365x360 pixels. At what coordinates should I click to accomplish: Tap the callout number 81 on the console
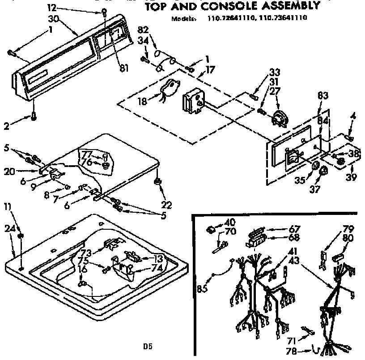(124, 68)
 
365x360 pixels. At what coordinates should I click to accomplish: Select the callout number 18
(142, 101)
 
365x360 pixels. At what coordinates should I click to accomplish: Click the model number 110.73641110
(281, 18)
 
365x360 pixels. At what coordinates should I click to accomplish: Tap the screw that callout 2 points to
(34, 117)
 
